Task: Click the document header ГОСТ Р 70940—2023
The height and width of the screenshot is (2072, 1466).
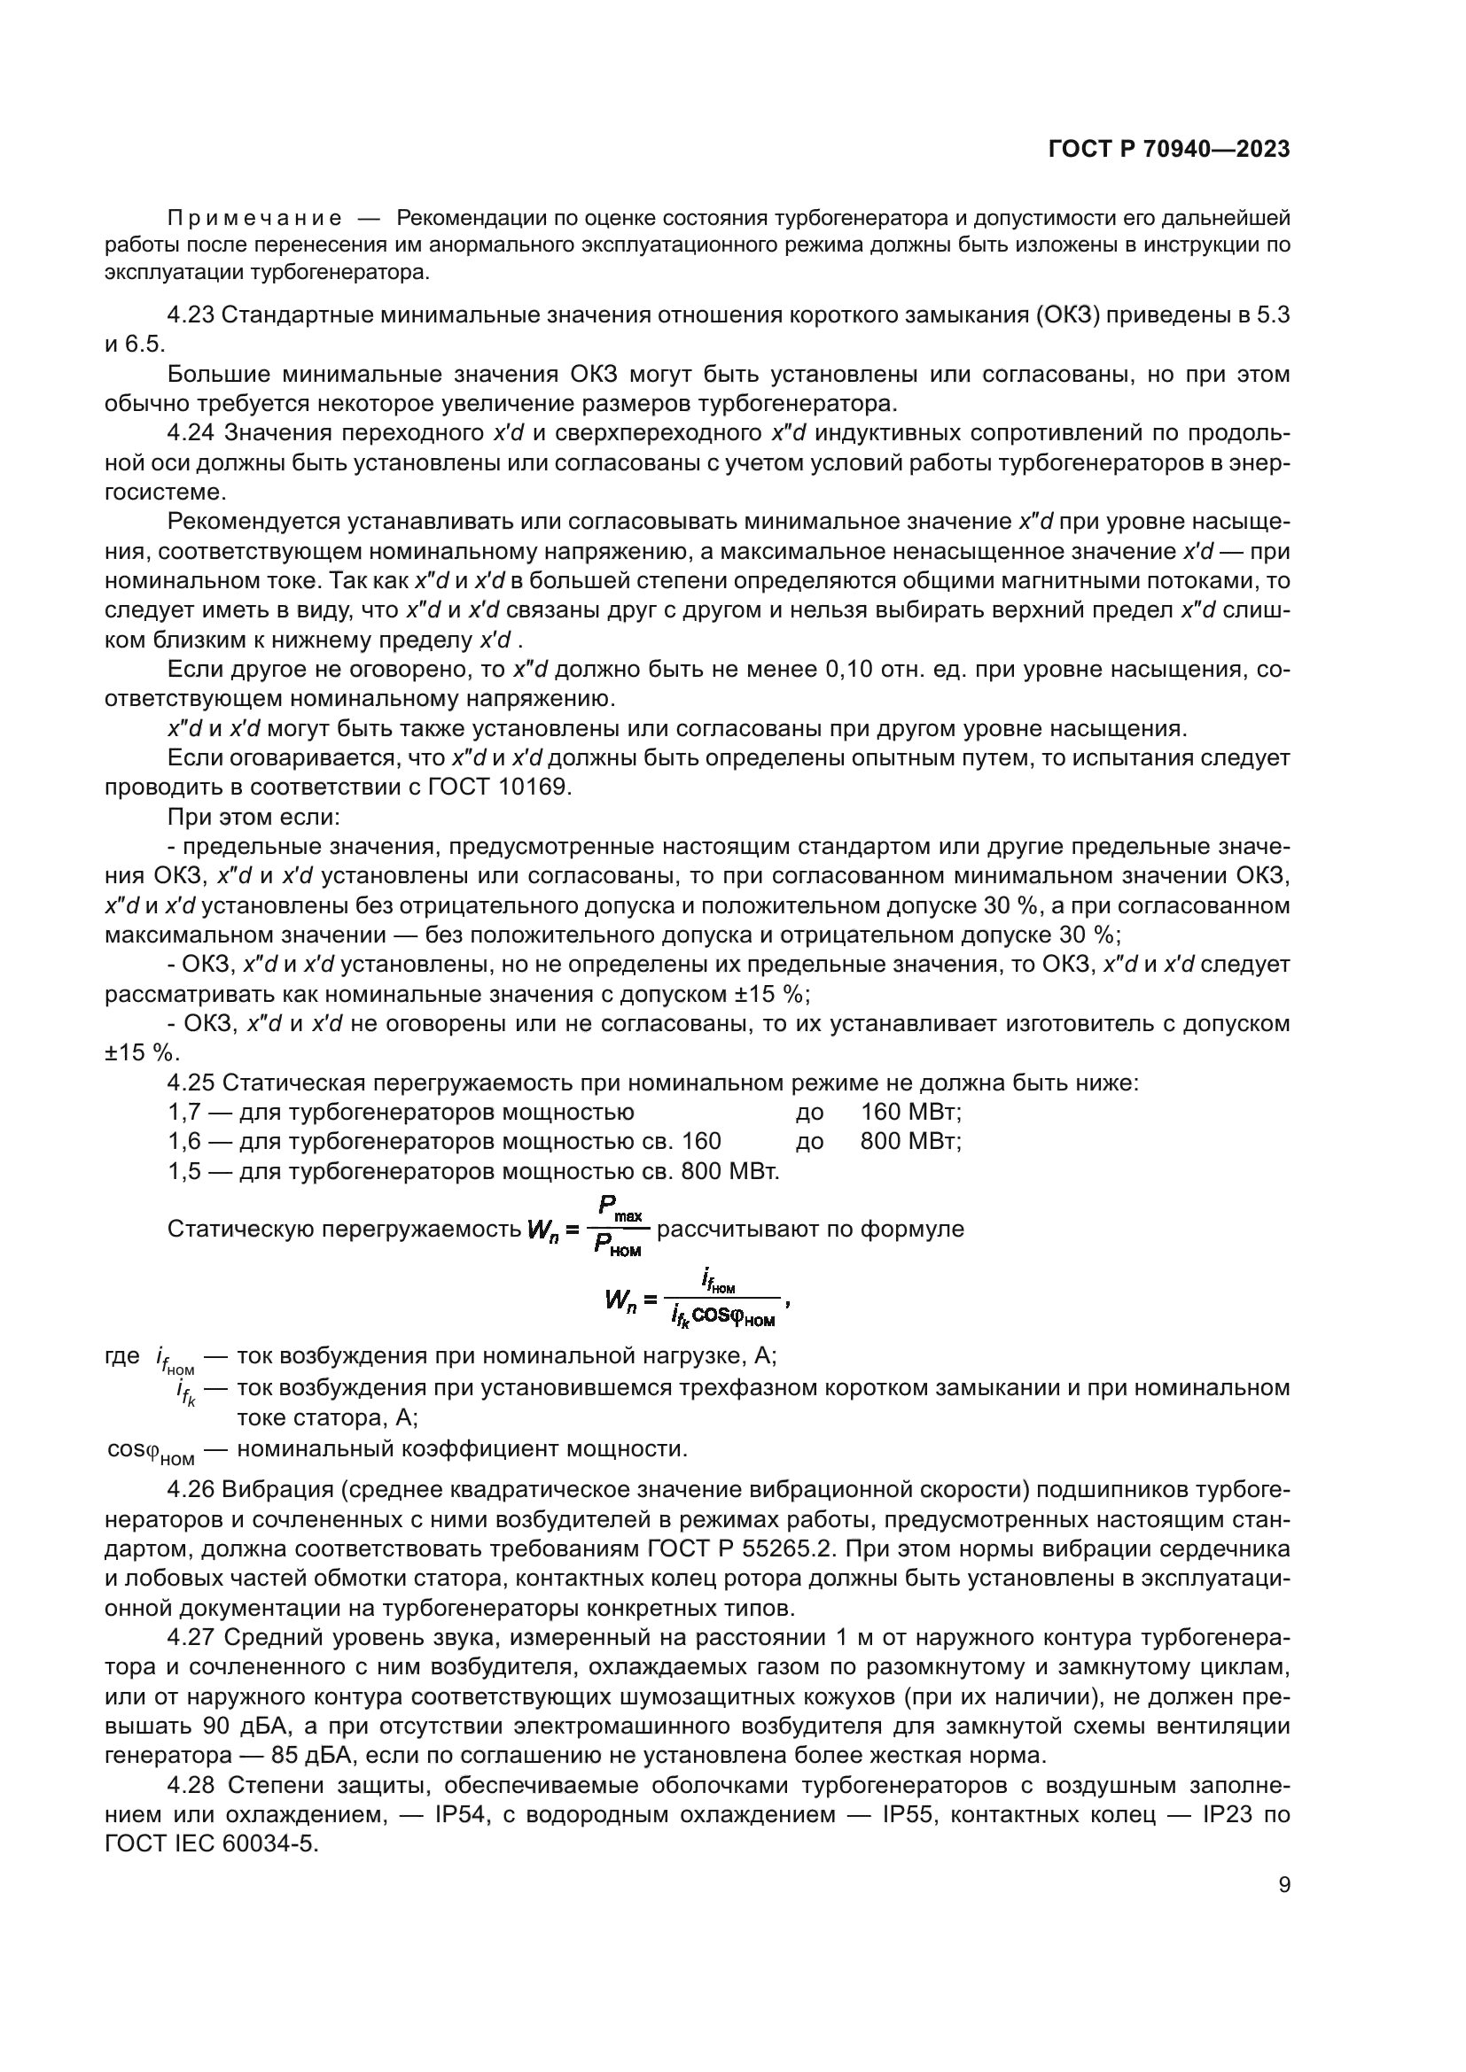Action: point(1168,150)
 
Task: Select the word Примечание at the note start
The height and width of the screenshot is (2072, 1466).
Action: point(254,219)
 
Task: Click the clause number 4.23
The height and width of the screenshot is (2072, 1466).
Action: point(190,315)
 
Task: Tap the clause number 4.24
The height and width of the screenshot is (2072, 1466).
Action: point(190,434)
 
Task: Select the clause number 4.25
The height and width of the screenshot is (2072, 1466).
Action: point(190,1083)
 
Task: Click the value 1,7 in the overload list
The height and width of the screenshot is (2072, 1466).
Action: point(184,1113)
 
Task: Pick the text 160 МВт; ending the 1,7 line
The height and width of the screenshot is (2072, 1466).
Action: point(911,1113)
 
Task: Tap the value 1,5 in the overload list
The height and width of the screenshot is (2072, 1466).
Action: point(184,1172)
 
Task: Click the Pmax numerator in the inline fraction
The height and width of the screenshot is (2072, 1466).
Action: point(620,1209)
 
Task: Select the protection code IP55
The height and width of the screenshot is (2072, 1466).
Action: point(915,1816)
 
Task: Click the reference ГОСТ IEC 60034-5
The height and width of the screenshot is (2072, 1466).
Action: point(212,1845)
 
